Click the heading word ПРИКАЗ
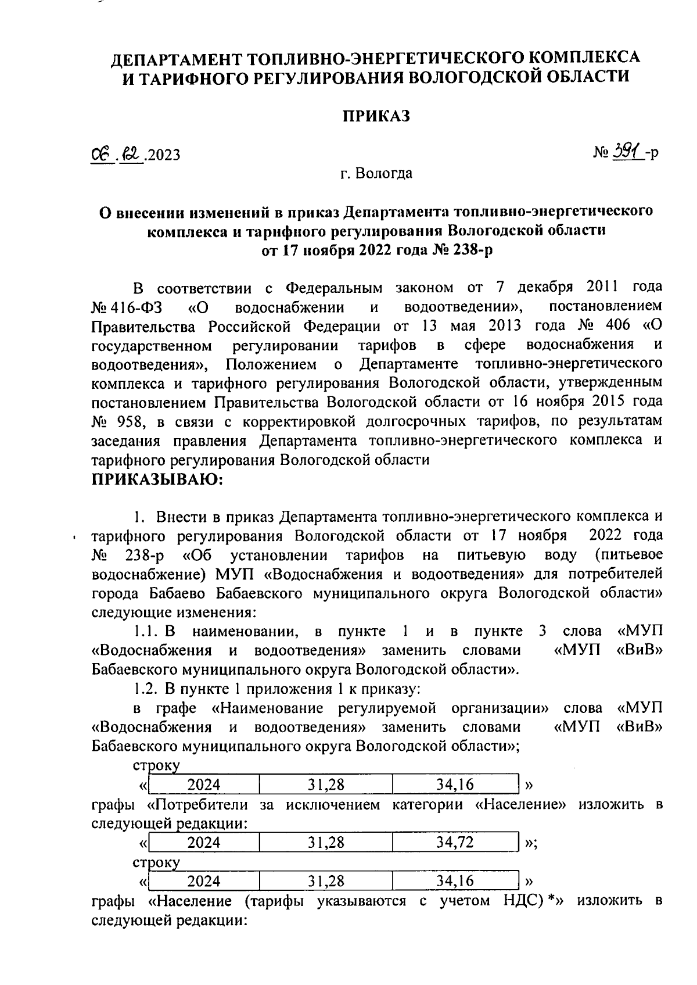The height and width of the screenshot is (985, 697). point(375,116)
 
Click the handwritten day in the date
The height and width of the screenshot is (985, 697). point(101,154)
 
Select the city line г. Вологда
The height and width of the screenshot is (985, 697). point(376,173)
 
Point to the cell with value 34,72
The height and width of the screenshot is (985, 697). point(455,842)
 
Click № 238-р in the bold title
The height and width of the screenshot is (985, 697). point(465,250)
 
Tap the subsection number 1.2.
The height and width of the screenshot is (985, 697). point(145,689)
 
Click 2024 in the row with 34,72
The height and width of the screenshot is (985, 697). point(204,842)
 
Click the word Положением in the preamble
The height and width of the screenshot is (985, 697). point(271,364)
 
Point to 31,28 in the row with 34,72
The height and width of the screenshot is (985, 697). point(326,842)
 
